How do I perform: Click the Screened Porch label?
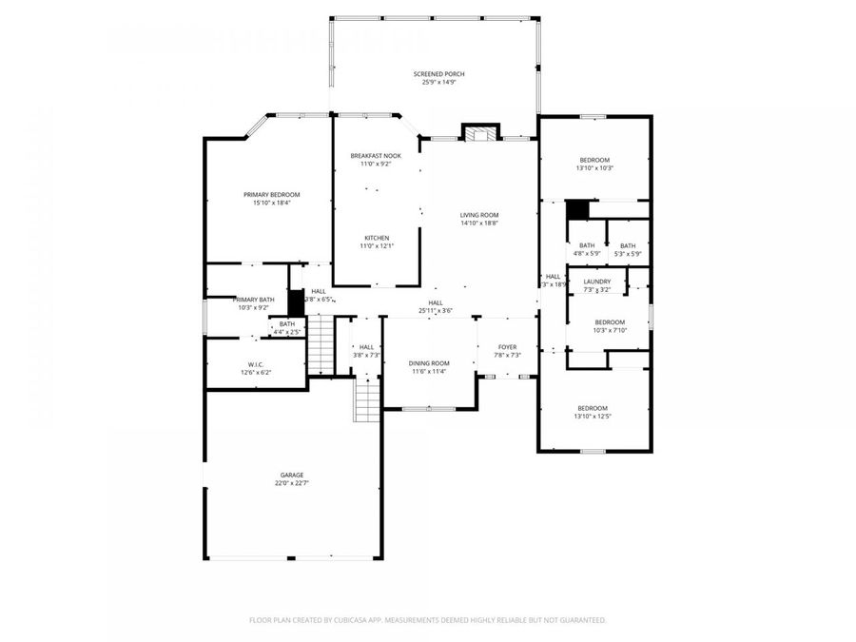[438, 73]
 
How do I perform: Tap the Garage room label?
[292, 475]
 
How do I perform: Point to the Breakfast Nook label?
[376, 155]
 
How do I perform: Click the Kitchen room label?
[376, 238]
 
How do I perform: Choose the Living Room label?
[479, 215]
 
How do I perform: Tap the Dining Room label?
[429, 363]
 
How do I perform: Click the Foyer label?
[508, 347]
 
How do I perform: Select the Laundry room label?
[596, 282]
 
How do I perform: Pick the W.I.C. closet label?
[255, 364]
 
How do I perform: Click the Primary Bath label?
[254, 300]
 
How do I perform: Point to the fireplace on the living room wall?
[480, 132]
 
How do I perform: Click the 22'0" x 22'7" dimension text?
[292, 483]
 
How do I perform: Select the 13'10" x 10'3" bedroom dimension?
[596, 168]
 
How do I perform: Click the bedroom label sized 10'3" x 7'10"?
[610, 321]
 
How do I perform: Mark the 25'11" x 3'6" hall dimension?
[435, 311]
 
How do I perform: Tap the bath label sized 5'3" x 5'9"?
[628, 245]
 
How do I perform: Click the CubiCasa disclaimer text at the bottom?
[427, 619]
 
